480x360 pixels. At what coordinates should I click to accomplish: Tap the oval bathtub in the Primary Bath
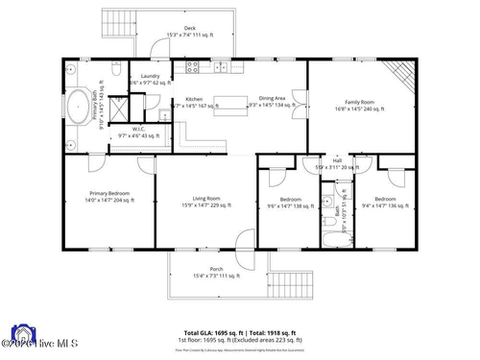(79, 105)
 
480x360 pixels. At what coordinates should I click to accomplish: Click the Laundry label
(149, 75)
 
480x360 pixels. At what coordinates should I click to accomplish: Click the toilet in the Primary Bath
(114, 70)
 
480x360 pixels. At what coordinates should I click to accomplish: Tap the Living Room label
(206, 199)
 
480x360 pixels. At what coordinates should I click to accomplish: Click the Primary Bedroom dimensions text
(110, 201)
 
